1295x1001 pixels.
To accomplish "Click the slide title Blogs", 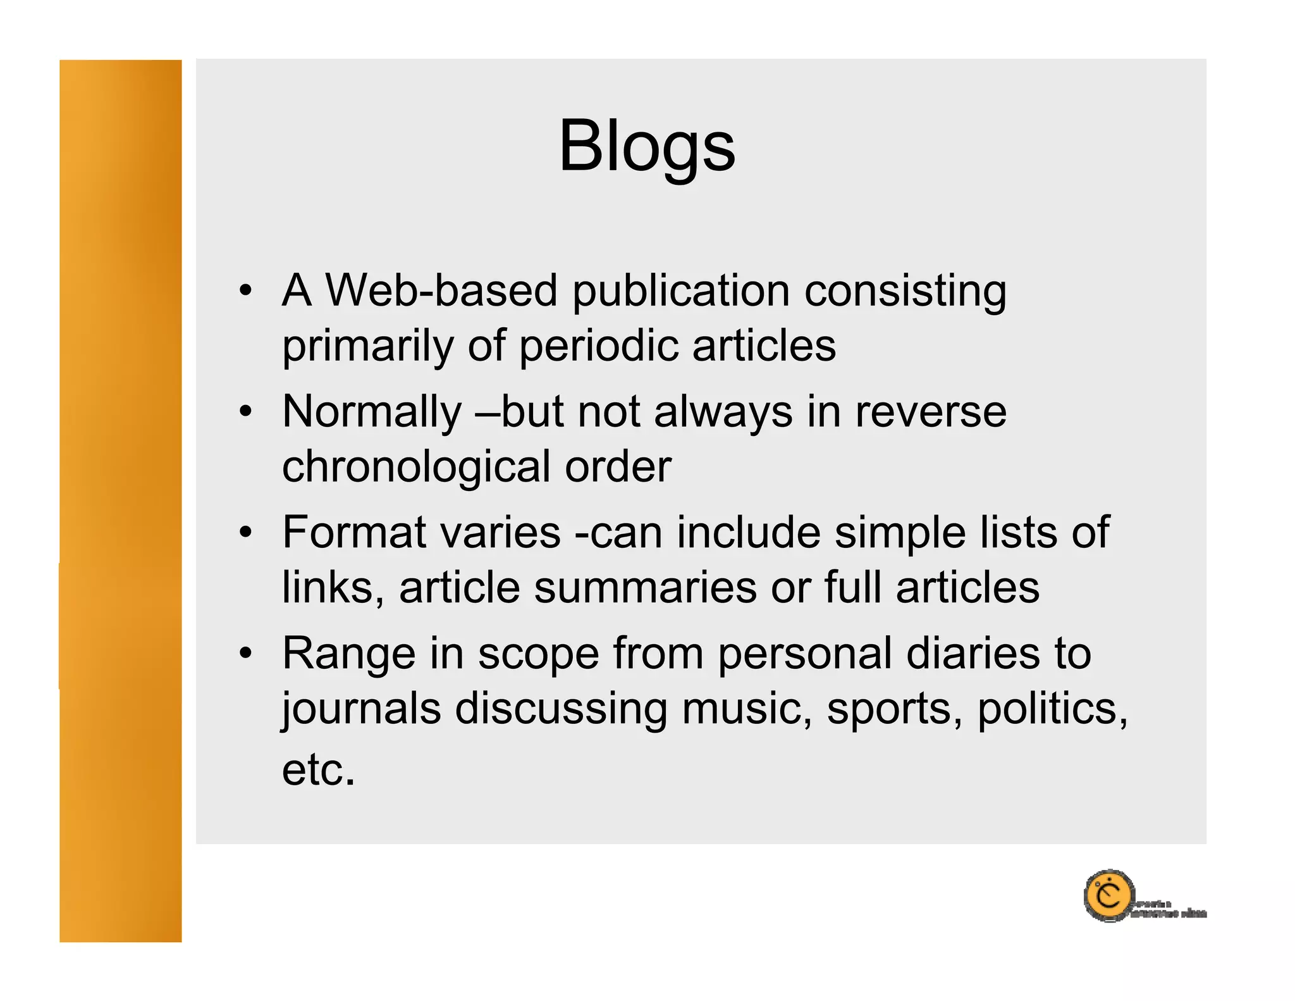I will pos(647,147).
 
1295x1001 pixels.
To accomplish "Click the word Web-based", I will pos(441,290).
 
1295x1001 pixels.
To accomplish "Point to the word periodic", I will pos(598,347).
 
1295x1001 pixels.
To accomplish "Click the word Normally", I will pos(372,413).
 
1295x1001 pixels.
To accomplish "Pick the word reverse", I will pos(930,413).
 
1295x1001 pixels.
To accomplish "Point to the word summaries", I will pos(644,588).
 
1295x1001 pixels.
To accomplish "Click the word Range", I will pos(348,655).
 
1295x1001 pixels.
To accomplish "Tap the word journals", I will pos(361,710).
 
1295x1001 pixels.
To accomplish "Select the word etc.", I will pos(318,770).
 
